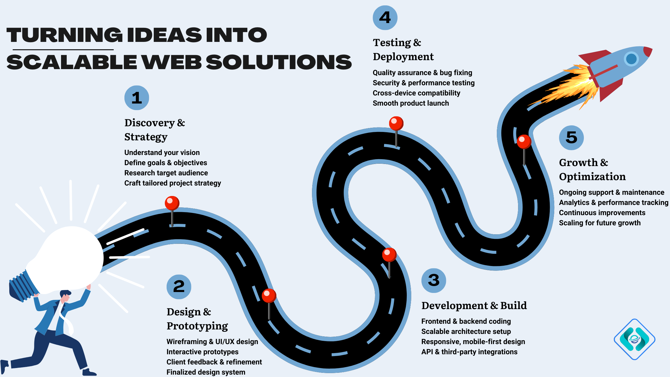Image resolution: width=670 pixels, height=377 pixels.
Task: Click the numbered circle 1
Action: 137,98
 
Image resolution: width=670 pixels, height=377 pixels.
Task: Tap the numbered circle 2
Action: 179,287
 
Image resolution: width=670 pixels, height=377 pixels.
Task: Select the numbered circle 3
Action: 434,280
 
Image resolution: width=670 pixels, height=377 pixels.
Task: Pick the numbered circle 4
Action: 385,18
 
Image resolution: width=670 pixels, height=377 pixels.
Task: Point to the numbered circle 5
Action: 571,138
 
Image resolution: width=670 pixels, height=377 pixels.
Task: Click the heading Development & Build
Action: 474,305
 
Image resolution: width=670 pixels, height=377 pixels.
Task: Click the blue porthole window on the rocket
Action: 631,59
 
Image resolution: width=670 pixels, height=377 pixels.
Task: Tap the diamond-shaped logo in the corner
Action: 634,339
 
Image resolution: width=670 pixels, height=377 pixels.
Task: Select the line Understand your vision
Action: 162,153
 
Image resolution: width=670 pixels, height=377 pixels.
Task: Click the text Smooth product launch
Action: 411,103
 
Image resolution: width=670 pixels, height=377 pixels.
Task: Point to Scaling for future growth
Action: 600,223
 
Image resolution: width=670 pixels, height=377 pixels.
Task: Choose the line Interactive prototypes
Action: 202,352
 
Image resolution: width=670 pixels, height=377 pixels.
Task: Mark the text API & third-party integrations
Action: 469,352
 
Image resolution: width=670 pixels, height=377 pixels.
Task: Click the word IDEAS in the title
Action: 164,35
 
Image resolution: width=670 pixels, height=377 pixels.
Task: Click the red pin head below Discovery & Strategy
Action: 172,203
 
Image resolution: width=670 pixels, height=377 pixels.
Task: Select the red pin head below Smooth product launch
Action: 396,123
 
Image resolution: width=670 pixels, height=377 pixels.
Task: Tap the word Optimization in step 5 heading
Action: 592,177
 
